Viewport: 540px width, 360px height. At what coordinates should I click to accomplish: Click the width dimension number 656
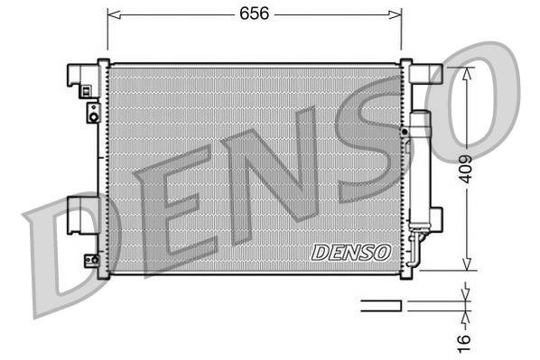click(x=253, y=14)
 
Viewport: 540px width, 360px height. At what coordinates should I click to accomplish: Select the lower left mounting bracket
click(x=81, y=222)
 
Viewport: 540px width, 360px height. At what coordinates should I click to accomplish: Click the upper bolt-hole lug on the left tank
click(x=91, y=112)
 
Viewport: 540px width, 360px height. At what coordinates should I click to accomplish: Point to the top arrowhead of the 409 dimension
click(x=465, y=74)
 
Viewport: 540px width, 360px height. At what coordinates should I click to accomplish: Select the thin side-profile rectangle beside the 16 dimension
click(x=381, y=305)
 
